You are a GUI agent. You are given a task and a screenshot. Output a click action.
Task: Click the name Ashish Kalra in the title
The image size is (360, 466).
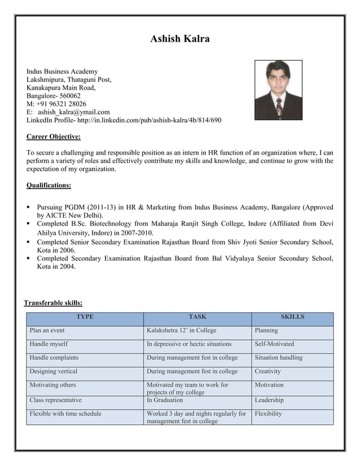pyautogui.click(x=180, y=39)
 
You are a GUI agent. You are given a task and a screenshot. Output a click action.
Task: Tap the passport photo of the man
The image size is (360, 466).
pyautogui.click(x=278, y=90)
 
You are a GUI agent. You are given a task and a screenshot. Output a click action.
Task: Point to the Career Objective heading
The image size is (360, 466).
pyautogui.click(x=54, y=137)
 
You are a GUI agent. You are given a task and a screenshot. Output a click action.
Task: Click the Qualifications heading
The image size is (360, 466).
pyautogui.click(x=49, y=185)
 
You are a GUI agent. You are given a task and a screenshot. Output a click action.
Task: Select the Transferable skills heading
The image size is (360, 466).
pyautogui.click(x=53, y=303)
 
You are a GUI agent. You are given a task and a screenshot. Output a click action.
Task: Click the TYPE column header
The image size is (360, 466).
pyautogui.click(x=85, y=317)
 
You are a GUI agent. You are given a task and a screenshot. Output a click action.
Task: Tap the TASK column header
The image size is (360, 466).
pyautogui.click(x=197, y=317)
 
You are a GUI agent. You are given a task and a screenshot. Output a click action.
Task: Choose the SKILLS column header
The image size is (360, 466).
pyautogui.click(x=292, y=317)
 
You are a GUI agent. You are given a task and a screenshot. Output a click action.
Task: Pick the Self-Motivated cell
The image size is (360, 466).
pyautogui.click(x=274, y=344)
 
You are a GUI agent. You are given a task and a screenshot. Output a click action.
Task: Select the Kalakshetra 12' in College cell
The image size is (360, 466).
pyautogui.click(x=181, y=331)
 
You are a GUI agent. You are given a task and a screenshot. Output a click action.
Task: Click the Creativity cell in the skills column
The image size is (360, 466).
pyautogui.click(x=267, y=371)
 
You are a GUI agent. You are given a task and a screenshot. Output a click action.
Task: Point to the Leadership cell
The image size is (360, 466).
pyautogui.click(x=269, y=400)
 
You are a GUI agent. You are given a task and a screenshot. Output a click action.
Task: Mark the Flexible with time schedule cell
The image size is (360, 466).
pyautogui.click(x=65, y=414)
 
